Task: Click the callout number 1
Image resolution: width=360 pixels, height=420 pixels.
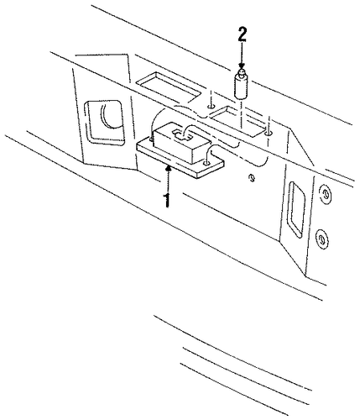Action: (x=167, y=200)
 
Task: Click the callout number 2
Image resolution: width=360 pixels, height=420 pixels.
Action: (x=243, y=34)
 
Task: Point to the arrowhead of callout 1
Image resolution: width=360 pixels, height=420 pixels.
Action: (x=168, y=167)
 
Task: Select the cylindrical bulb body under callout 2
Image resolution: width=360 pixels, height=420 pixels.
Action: (x=242, y=87)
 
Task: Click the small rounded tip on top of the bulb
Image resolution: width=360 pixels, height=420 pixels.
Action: (x=242, y=73)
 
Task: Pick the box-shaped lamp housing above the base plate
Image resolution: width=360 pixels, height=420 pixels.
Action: (x=181, y=143)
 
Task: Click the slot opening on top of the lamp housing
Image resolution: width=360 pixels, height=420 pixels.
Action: (x=182, y=135)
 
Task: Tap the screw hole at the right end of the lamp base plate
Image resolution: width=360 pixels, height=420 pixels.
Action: (x=206, y=163)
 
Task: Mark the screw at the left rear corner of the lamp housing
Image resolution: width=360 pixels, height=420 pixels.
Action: (x=152, y=139)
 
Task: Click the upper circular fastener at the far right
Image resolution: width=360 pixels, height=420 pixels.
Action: (x=326, y=194)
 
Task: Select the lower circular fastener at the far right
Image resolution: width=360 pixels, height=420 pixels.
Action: (x=321, y=239)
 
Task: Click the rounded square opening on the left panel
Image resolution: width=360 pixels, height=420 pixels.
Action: (x=105, y=122)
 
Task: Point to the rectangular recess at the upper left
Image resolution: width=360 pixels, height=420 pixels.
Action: (x=168, y=87)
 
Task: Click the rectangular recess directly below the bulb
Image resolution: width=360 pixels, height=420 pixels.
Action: (x=237, y=121)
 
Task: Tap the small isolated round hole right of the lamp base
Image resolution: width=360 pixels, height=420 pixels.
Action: (x=252, y=178)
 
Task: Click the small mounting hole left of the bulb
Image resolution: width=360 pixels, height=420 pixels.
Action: (x=210, y=107)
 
